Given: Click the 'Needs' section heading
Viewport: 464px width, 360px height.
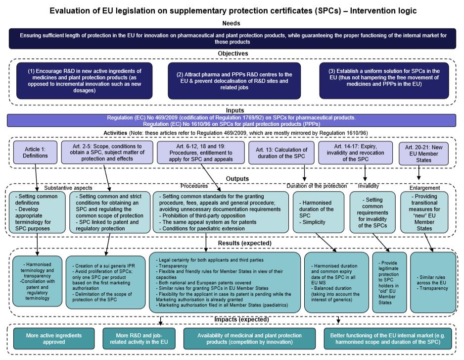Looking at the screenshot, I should pyautogui.click(x=232, y=23).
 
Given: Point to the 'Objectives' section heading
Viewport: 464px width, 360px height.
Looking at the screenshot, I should pyautogui.click(x=232, y=53).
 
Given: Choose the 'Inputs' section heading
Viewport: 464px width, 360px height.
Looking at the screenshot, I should pyautogui.click(x=232, y=110).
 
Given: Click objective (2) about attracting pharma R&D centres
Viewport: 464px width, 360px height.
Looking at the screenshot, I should pyautogui.click(x=234, y=80).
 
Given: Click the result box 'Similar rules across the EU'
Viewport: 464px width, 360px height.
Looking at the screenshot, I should pyautogui.click(x=433, y=282).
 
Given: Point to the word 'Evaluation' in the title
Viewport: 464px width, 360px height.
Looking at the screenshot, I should pyautogui.click(x=74, y=9).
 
